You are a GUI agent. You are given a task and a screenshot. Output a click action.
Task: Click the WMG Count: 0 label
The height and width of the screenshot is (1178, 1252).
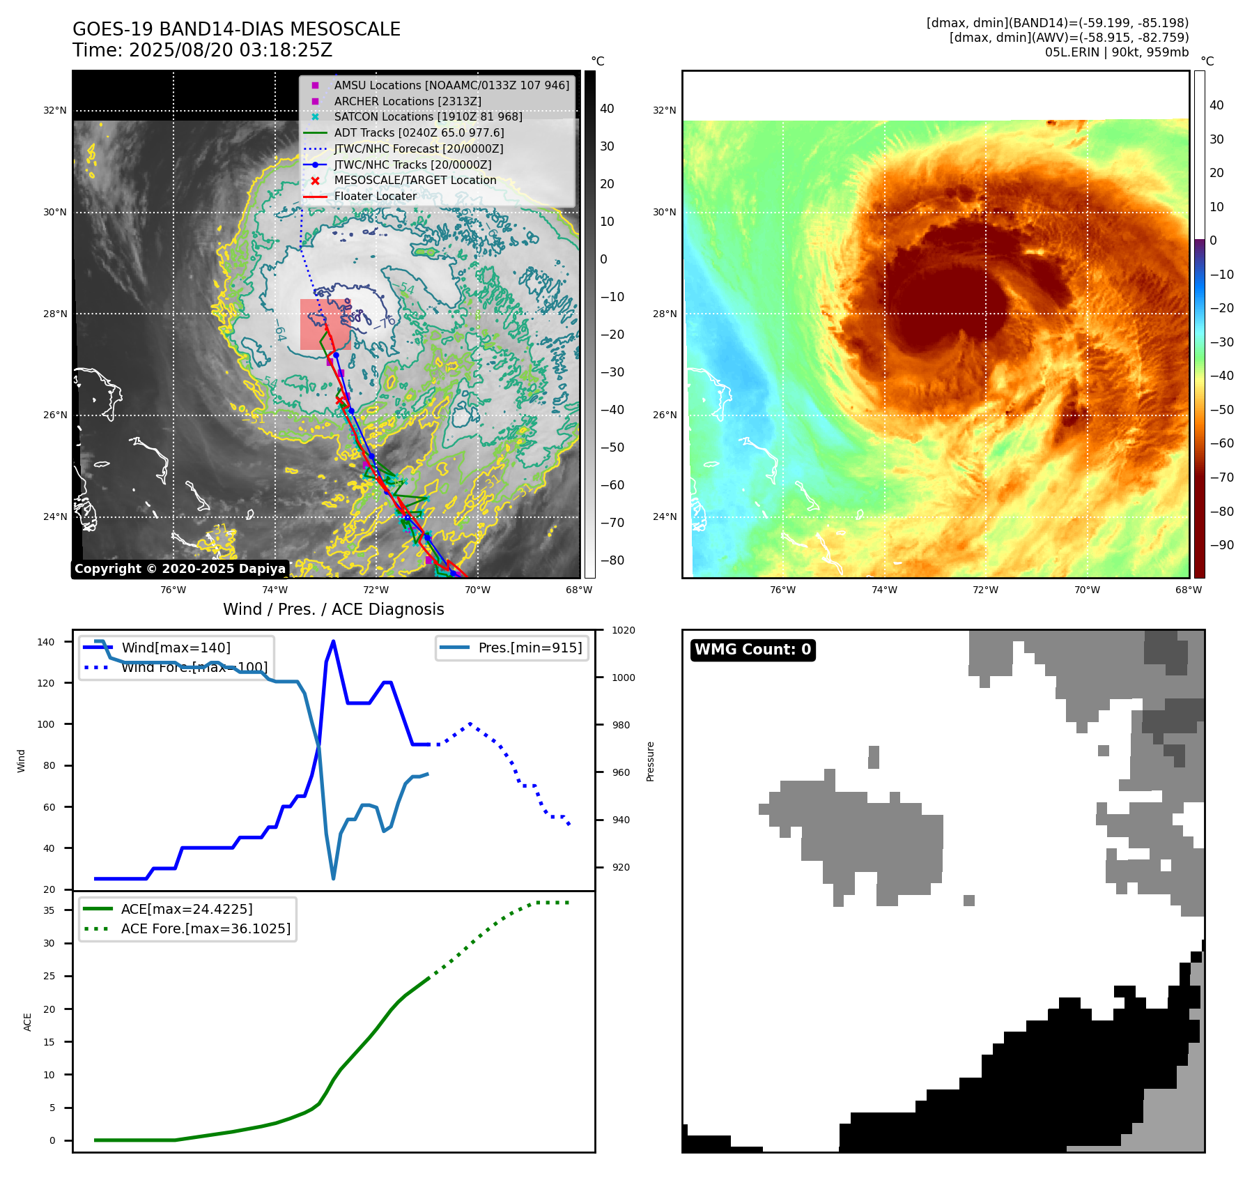752,650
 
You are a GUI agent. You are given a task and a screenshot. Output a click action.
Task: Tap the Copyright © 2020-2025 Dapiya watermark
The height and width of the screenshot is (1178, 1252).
180,569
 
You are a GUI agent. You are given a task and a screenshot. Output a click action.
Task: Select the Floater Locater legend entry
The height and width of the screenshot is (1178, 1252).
375,197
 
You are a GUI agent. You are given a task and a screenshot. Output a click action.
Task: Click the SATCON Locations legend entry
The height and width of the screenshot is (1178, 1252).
428,116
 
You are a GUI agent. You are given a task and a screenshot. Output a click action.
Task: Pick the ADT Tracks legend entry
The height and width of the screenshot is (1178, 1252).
419,132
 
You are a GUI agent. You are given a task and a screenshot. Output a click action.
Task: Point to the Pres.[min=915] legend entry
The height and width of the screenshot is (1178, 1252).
530,648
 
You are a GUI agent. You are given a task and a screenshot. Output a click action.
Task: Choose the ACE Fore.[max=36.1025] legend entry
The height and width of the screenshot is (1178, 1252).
206,928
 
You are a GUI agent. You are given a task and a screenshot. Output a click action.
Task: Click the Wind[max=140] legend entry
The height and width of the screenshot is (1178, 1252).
176,648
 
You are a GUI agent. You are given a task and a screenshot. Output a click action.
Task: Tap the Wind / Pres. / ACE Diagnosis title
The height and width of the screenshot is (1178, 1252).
333,609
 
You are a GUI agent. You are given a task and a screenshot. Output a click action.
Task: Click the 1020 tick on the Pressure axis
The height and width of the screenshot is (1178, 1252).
623,630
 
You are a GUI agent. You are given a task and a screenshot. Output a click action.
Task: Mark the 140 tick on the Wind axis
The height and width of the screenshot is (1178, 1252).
45,642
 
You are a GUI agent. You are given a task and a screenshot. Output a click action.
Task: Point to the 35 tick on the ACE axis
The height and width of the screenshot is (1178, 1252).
49,910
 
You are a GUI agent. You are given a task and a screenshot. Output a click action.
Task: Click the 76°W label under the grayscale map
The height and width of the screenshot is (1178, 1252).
173,590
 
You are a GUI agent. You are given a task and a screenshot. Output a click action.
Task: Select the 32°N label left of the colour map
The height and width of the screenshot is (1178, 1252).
664,110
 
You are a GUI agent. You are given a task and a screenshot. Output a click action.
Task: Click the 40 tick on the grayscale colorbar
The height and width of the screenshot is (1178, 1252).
607,109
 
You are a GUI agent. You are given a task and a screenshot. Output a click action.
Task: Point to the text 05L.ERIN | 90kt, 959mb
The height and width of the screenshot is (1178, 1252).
1116,52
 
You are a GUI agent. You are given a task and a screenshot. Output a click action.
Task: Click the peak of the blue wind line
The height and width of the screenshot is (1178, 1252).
333,641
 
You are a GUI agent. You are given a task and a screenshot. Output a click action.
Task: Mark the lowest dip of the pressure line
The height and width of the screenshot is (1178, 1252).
333,878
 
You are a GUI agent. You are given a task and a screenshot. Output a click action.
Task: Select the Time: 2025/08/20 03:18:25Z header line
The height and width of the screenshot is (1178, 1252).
202,50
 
